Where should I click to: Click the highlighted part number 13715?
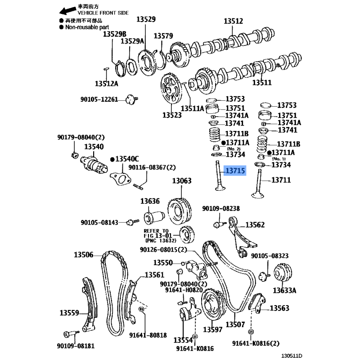pos(235,171)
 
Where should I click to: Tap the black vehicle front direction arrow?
pos(67,10)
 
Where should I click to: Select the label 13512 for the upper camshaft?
pos(233,21)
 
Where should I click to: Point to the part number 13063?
pos(182,181)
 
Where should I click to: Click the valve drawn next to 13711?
pos(258,184)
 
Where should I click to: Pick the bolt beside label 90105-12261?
pos(132,99)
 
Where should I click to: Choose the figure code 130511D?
pos(292,355)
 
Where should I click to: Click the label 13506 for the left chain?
pos(84,255)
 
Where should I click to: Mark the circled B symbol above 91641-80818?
pos(141,309)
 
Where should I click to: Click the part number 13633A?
pos(284,290)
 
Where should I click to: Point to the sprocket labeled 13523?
pos(171,88)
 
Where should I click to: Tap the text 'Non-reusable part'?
pos(87,27)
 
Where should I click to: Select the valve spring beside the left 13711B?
pos(214,134)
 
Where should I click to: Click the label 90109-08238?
pos(221,208)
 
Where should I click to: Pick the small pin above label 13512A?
pos(106,69)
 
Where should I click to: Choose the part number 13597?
pos(212,329)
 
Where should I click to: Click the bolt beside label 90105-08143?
pos(133,222)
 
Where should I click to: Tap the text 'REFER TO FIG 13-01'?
pos(158,233)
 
